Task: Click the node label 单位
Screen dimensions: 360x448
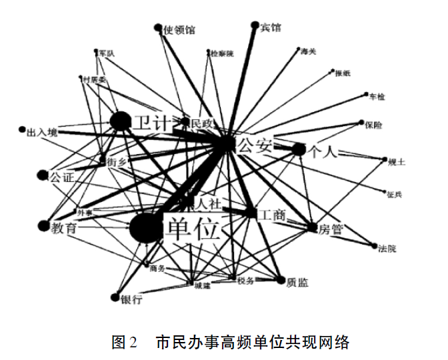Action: tap(192, 231)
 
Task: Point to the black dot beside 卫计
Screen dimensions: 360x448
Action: tap(121, 121)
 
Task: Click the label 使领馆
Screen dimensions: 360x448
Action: tap(179, 30)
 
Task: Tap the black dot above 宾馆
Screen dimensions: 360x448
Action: tap(254, 25)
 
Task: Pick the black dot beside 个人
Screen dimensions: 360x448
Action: tap(298, 150)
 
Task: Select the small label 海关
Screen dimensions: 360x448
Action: tap(309, 51)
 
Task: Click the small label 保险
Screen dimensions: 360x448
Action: tap(375, 124)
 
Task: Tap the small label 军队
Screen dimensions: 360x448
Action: tap(106, 52)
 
